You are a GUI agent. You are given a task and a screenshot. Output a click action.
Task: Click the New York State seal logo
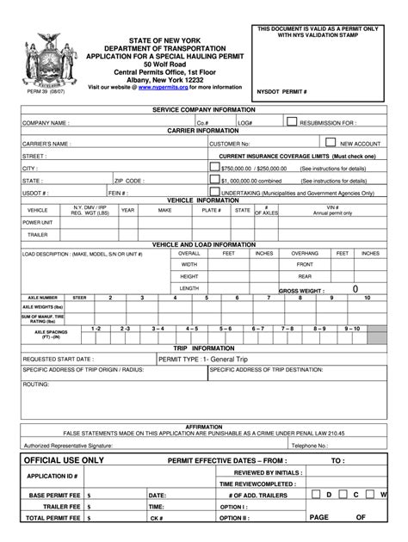click(41, 57)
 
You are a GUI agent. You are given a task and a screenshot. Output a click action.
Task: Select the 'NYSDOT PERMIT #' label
click(283, 89)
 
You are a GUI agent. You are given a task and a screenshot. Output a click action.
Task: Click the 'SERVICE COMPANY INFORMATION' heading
click(204, 111)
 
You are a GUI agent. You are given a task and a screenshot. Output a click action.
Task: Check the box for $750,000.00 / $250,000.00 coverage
click(214, 169)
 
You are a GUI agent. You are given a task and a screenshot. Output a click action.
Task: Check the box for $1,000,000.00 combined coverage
click(214, 181)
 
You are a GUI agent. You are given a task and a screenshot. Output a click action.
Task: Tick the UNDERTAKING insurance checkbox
click(214, 193)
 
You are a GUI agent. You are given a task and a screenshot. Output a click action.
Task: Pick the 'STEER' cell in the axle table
click(79, 298)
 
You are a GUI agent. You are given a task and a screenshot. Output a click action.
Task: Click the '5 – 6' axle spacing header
click(226, 329)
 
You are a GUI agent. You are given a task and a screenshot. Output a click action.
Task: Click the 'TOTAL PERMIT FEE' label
click(53, 519)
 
